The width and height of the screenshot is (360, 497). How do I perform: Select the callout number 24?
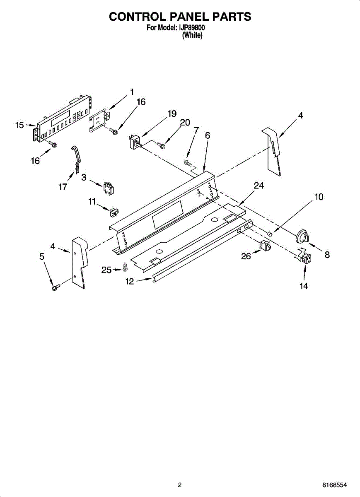click(x=259, y=186)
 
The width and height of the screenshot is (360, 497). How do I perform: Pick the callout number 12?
click(x=130, y=281)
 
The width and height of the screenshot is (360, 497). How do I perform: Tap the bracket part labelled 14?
click(x=306, y=259)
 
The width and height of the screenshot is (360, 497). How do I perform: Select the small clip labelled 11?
click(x=113, y=212)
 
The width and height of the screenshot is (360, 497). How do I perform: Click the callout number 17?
click(x=63, y=187)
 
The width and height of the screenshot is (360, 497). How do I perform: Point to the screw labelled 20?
click(x=162, y=145)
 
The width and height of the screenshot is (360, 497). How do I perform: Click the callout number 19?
click(x=172, y=113)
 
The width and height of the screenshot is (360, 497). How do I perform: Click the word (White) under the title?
click(x=192, y=36)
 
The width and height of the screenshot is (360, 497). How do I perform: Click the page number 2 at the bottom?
click(x=180, y=485)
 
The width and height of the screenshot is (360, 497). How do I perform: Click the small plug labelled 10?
click(x=270, y=235)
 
